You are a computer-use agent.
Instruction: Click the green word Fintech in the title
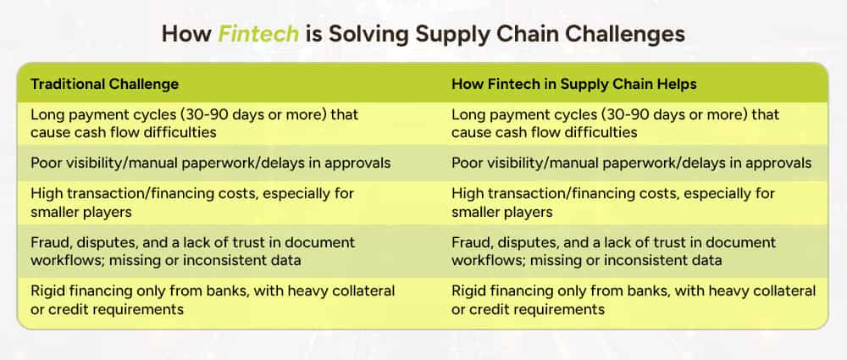click(258, 34)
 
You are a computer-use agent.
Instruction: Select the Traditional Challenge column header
click(105, 85)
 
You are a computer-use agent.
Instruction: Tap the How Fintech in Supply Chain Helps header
click(574, 85)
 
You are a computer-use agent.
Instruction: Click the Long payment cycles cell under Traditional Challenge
click(195, 123)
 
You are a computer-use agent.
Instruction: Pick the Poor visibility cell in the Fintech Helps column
click(632, 163)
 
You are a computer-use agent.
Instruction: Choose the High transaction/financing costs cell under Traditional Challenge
click(192, 202)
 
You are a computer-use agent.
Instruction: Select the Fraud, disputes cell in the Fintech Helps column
click(613, 251)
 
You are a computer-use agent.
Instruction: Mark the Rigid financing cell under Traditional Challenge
click(213, 300)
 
